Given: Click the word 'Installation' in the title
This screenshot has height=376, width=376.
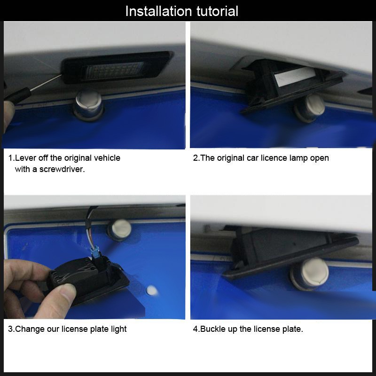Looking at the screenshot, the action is (x=158, y=11).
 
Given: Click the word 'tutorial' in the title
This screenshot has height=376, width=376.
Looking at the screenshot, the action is (x=217, y=11).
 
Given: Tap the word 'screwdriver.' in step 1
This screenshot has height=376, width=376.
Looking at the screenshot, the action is (x=62, y=169).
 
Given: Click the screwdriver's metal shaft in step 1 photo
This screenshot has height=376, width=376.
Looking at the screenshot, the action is (x=46, y=83).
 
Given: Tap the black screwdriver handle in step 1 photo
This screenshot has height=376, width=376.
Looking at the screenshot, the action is (x=17, y=96).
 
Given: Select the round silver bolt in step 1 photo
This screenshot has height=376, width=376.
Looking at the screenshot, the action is (x=88, y=105).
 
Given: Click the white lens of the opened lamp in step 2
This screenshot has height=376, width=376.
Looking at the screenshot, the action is (x=295, y=76).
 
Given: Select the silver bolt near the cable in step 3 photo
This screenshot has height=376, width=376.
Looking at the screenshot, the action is (x=119, y=229).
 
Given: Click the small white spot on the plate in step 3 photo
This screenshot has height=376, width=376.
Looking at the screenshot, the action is (x=151, y=290).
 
